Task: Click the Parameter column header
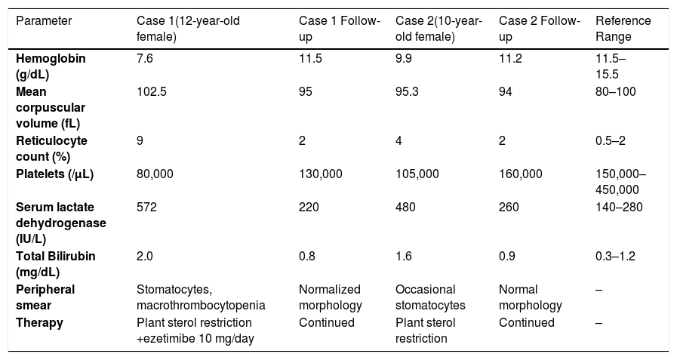click(x=44, y=20)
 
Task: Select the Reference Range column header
click(x=623, y=29)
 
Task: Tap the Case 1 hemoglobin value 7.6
click(x=145, y=58)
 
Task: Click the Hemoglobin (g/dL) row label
click(x=51, y=66)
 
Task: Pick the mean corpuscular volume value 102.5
click(x=151, y=91)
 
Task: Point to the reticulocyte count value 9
click(x=140, y=140)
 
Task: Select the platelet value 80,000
click(x=155, y=174)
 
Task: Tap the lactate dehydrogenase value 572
click(x=147, y=208)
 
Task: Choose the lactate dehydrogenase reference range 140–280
click(x=619, y=208)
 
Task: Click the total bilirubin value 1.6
click(x=404, y=257)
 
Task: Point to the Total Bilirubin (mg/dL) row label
click(x=56, y=264)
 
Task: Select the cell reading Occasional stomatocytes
click(x=430, y=297)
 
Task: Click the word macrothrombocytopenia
click(x=201, y=306)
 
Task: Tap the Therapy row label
click(x=39, y=323)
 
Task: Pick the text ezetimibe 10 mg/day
click(x=197, y=339)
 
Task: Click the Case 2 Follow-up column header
click(x=540, y=29)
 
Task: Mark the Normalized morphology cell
click(x=331, y=297)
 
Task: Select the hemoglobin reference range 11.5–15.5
click(x=611, y=66)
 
